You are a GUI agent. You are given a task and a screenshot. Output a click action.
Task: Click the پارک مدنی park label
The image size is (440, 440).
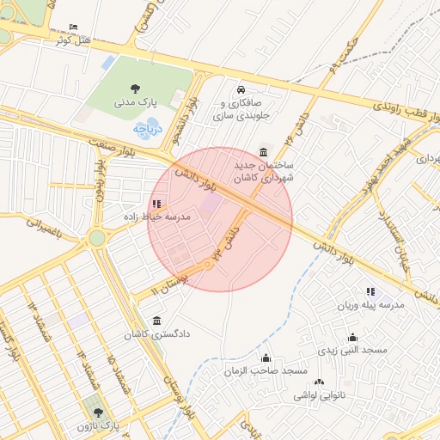[136, 102]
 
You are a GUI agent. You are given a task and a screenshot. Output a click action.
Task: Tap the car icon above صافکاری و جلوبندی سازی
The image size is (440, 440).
[240, 89]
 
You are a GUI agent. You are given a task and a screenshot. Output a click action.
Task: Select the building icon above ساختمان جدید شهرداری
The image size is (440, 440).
[262, 150]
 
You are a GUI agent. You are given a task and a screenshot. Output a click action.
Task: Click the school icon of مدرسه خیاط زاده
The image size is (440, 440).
[156, 204]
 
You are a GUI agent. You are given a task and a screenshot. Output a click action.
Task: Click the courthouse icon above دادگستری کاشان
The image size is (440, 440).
[155, 320]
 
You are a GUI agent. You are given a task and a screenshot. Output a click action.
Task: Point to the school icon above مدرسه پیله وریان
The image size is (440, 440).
[370, 292]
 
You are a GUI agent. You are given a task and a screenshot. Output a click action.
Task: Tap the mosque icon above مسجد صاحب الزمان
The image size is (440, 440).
[266, 357]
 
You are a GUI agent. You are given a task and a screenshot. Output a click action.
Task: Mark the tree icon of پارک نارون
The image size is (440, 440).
[96, 412]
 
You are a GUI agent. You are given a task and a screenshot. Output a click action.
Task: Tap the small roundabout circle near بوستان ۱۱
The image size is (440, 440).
[207, 266]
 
